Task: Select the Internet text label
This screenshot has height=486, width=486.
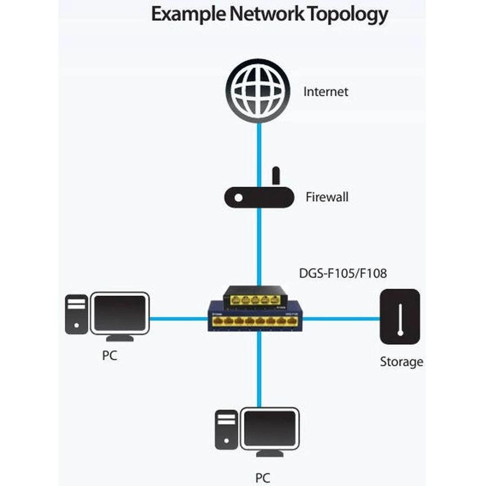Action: (x=325, y=92)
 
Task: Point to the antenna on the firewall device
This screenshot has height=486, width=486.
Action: (x=276, y=175)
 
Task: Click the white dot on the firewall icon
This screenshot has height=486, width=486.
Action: (x=238, y=198)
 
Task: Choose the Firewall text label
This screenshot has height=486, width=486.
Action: (x=327, y=197)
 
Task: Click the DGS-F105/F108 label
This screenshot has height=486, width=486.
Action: (x=342, y=273)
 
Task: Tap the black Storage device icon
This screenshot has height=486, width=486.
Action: (x=400, y=317)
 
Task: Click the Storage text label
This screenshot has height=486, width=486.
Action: (x=401, y=362)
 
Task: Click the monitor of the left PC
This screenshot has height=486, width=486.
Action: (x=120, y=313)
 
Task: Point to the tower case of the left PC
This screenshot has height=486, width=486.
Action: (x=76, y=314)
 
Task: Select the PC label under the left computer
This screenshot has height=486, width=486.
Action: (x=110, y=355)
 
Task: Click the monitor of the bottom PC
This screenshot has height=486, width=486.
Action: (x=270, y=429)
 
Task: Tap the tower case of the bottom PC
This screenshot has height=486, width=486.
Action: (x=226, y=430)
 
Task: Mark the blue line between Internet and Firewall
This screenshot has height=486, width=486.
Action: (x=259, y=146)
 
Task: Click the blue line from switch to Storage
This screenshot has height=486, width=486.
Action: (x=340, y=319)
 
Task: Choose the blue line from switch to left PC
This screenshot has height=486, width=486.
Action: (x=178, y=319)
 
